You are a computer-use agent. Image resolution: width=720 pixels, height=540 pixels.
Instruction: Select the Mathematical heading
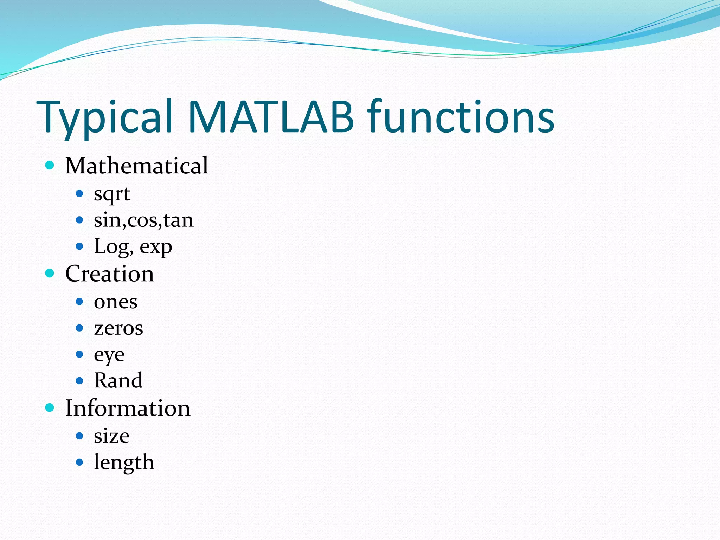(x=136, y=166)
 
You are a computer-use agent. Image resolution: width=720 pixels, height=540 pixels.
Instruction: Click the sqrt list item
(x=112, y=194)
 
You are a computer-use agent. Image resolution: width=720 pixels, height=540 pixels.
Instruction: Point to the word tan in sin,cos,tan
(x=178, y=220)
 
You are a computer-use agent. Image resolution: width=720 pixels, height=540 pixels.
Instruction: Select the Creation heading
(x=109, y=274)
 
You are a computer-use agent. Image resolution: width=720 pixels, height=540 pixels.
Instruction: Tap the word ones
(x=115, y=302)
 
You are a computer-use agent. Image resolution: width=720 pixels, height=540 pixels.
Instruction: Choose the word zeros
(x=118, y=328)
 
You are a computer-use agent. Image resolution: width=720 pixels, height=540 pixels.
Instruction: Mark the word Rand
(x=118, y=380)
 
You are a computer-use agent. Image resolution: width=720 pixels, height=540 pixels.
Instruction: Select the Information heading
(x=128, y=409)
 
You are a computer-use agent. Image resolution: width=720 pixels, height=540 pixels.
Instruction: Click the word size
(x=111, y=436)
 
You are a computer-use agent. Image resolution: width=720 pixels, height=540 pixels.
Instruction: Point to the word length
(x=124, y=463)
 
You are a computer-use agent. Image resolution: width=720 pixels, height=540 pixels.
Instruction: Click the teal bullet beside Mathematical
(x=50, y=165)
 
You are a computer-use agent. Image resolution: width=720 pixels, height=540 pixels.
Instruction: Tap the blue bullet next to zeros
(x=79, y=328)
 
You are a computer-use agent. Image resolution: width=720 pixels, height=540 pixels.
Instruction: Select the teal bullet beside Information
(x=50, y=408)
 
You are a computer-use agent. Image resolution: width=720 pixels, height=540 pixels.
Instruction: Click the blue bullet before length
(x=79, y=462)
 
